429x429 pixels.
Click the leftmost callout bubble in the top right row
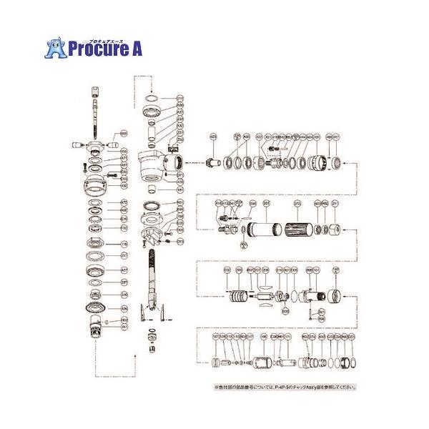coord(212,136)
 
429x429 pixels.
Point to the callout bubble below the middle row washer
coord(245,245)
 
